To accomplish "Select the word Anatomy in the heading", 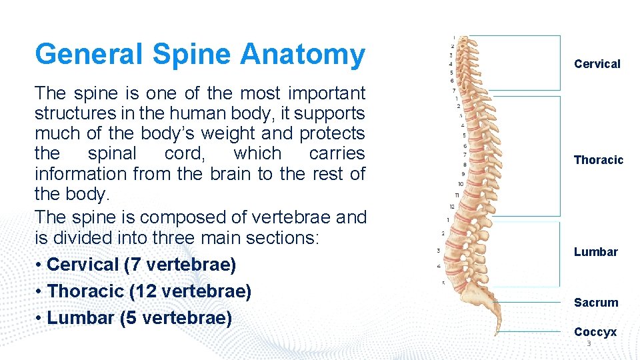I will [303, 55].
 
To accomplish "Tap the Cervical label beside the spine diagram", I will [597, 64].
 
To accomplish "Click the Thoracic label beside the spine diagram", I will [598, 160].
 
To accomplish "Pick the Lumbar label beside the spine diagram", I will [595, 252].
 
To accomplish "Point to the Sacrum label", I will [595, 303].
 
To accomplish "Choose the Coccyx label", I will [595, 332].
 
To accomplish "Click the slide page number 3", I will [589, 343].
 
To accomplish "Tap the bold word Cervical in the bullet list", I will [83, 265].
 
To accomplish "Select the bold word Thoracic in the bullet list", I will [86, 291].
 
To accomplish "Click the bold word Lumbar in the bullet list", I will [81, 318].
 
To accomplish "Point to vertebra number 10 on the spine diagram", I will [460, 183].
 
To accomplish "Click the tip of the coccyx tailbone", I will [496, 334].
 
